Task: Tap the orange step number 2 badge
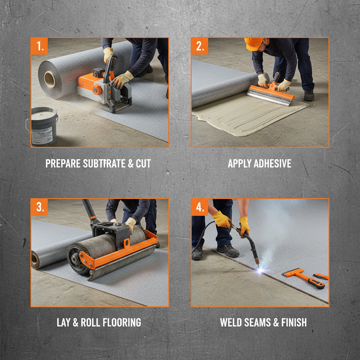200,46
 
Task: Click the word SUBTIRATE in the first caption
102,163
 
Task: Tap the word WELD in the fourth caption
231,322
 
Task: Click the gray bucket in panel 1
44,126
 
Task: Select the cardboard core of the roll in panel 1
50,79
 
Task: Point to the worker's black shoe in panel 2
309,95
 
